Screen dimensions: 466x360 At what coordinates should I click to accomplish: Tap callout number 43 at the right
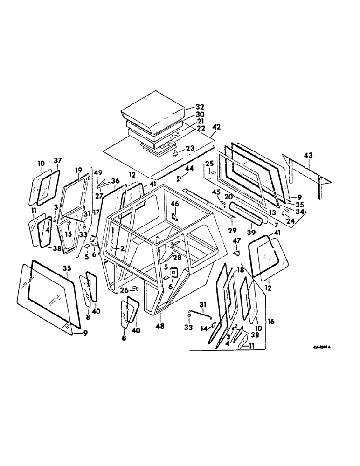point(309,155)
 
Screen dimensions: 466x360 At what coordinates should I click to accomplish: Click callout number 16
point(270,322)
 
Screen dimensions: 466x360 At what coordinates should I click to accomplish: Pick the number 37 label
point(57,161)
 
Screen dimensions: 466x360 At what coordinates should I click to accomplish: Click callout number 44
point(189,167)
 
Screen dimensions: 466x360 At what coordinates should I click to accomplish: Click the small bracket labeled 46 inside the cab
point(175,217)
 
